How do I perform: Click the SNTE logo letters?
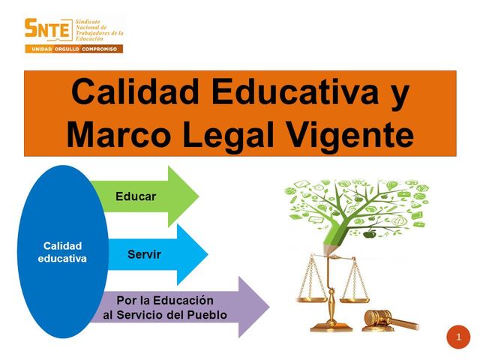(x=49, y=29)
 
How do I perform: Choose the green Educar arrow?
(x=146, y=196)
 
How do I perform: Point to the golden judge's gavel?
(x=386, y=319)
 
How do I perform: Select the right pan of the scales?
(x=353, y=298)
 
